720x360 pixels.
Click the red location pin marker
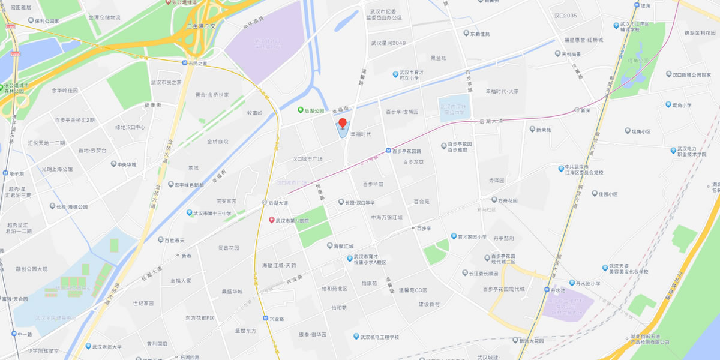point(343,124)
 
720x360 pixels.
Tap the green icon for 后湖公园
point(301,110)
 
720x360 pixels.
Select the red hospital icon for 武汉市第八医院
point(271,220)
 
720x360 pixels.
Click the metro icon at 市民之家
point(185,62)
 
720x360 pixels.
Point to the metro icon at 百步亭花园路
point(388,151)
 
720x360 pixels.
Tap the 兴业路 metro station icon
point(265,318)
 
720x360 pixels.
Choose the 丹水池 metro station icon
point(547,290)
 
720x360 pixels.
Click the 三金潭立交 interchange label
point(201,26)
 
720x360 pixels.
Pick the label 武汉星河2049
point(388,43)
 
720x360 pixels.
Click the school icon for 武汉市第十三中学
point(189,213)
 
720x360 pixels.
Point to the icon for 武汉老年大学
point(87,346)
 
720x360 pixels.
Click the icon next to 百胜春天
point(161,240)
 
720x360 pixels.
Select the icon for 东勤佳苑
point(465,34)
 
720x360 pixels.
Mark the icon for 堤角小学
point(667,104)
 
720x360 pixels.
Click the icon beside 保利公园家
point(29,20)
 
